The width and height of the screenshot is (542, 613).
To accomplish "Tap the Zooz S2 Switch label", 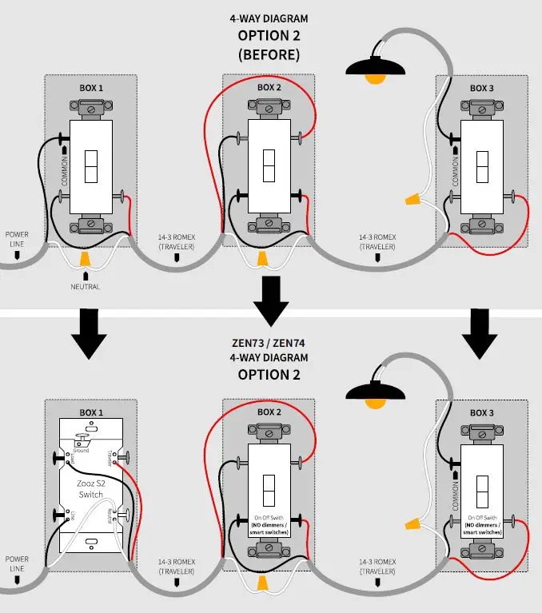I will [90, 489].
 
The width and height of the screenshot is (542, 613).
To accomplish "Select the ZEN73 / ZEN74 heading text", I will [268, 344].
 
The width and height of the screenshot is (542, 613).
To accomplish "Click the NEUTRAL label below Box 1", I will [85, 287].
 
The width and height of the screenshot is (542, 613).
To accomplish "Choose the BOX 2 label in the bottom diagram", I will [269, 412].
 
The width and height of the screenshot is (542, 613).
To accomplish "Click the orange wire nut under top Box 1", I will [86, 258].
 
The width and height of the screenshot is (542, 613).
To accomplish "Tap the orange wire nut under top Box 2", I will [261, 259].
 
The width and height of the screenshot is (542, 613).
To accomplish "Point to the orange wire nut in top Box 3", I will [414, 197].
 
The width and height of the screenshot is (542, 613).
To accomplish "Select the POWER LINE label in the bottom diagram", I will [17, 563].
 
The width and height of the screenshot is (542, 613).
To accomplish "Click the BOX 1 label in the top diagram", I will [90, 87].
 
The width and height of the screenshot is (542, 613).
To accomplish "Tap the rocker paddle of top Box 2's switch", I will [268, 168].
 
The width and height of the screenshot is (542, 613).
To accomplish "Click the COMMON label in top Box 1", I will [64, 167].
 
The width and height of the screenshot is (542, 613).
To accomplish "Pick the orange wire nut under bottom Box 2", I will [261, 587].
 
